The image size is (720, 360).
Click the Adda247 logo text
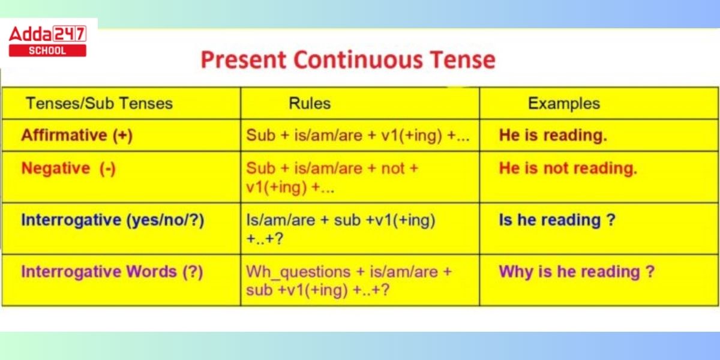tap(47, 34)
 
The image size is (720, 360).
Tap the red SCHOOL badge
tap(47, 51)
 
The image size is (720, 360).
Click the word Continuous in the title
tap(358, 60)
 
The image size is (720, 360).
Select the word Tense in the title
tap(463, 60)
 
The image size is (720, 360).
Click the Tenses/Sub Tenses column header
tap(100, 103)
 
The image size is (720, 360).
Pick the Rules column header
tap(310, 103)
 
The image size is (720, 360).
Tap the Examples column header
tap(564, 103)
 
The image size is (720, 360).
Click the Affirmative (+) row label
tap(77, 135)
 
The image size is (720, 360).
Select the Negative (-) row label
tap(68, 168)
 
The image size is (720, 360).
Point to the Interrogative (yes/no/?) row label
tap(113, 220)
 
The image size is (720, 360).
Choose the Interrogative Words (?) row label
tap(112, 272)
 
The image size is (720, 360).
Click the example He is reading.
tap(553, 135)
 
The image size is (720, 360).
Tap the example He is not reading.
tap(568, 168)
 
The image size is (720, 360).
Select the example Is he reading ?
tap(557, 220)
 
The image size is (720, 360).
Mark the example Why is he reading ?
tap(577, 272)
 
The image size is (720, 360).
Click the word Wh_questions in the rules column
tap(298, 272)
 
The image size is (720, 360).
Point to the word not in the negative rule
tap(393, 169)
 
